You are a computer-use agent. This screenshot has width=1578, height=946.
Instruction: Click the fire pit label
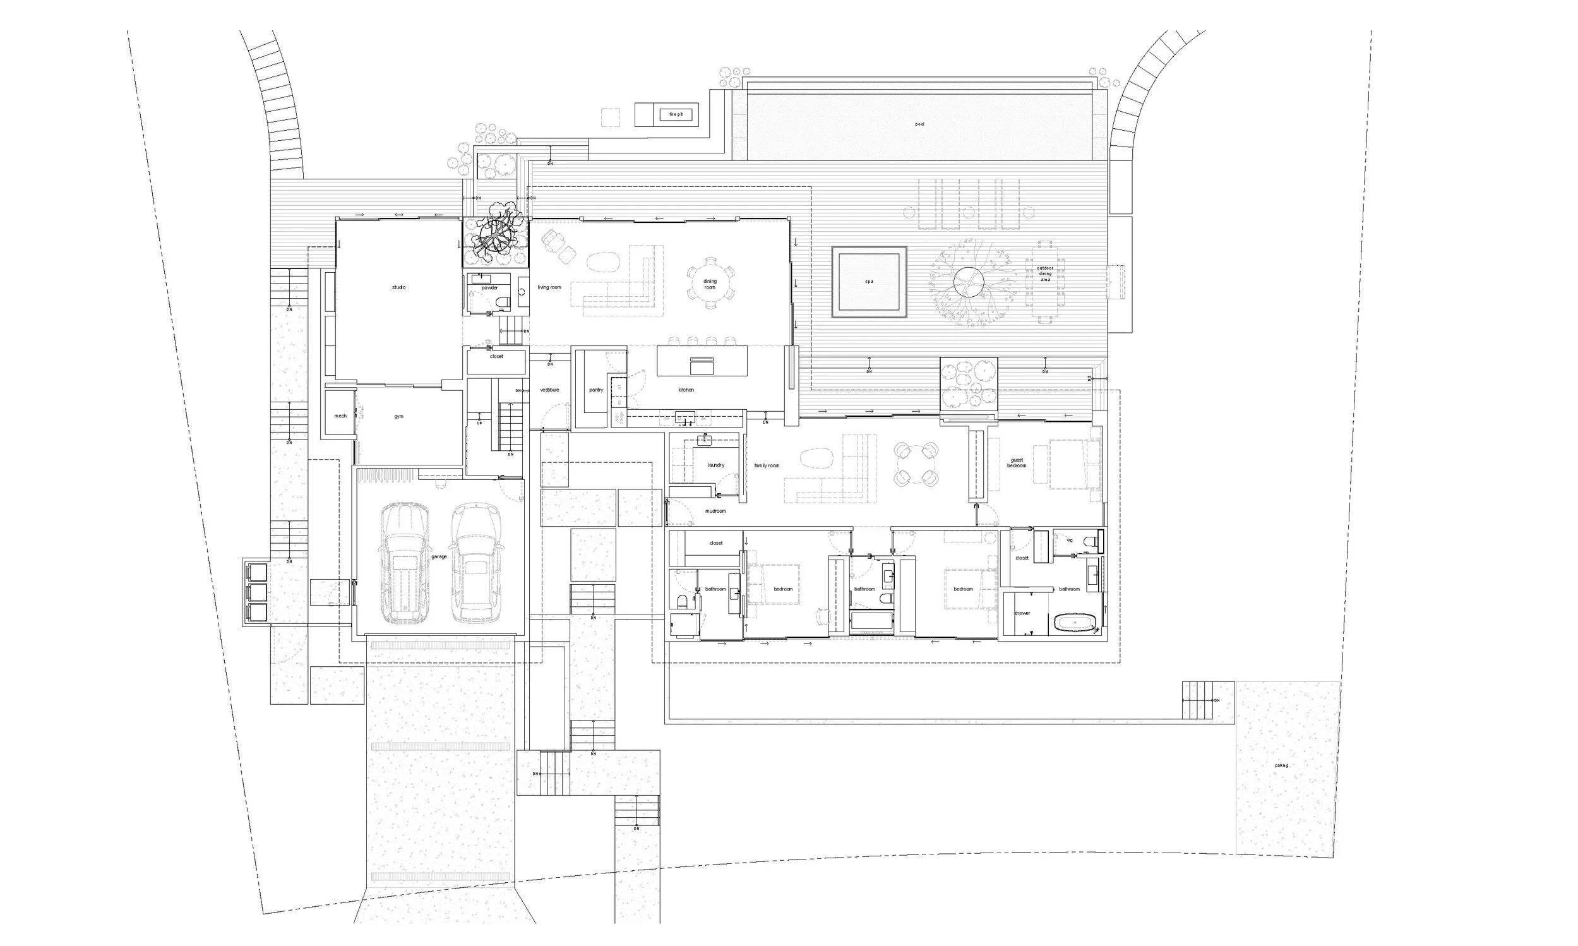676,115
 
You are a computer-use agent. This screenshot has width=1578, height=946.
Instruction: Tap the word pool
919,124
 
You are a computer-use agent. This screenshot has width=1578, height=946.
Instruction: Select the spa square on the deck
869,281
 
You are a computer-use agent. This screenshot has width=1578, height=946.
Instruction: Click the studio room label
398,287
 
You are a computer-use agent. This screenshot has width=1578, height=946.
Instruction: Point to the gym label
398,417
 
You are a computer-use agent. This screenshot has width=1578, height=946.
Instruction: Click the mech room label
340,416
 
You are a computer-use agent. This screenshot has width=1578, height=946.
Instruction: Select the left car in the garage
405,562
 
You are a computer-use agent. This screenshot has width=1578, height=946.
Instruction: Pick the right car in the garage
477,562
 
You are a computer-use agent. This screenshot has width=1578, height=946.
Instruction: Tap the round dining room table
710,284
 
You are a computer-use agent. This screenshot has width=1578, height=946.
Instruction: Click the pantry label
596,390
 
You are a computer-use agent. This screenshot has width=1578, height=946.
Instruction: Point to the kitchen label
686,390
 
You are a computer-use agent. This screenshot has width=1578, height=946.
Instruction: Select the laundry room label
715,465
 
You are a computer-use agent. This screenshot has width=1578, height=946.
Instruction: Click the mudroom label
715,512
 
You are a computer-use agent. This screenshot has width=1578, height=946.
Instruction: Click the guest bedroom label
1017,463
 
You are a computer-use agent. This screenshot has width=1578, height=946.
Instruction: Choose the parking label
1281,765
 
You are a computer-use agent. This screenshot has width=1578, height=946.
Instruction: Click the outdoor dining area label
1045,273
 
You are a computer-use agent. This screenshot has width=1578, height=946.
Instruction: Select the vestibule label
549,390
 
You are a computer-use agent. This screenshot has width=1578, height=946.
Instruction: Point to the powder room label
489,288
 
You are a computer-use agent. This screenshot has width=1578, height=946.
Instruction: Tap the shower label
1022,613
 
